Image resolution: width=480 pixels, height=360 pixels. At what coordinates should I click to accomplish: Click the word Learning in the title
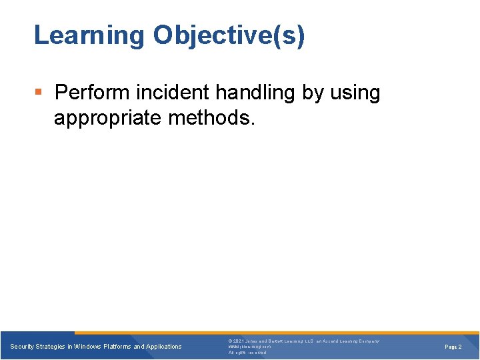click(89, 35)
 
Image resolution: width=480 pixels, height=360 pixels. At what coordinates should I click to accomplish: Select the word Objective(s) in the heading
click(229, 35)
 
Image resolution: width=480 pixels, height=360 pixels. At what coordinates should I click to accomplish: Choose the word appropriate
click(107, 118)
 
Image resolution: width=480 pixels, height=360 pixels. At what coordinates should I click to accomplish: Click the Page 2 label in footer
click(453, 347)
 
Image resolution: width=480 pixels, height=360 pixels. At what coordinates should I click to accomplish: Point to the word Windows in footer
click(88, 347)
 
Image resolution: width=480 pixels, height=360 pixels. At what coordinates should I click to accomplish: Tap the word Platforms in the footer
click(117, 347)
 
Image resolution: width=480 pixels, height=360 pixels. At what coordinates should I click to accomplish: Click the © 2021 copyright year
click(238, 341)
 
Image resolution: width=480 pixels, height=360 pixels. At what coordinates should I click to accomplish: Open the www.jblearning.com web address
click(249, 347)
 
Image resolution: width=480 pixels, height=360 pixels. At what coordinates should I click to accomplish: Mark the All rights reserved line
click(247, 353)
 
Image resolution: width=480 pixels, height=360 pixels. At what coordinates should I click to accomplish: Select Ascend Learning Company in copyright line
click(351, 341)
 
